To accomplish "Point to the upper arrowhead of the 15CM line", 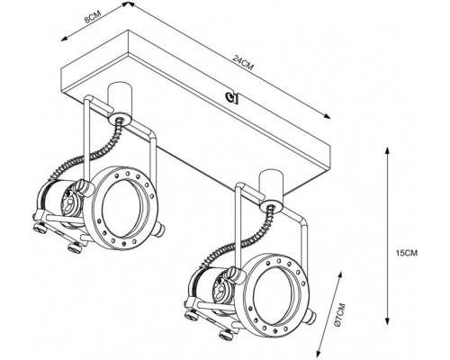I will pos(386,148).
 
